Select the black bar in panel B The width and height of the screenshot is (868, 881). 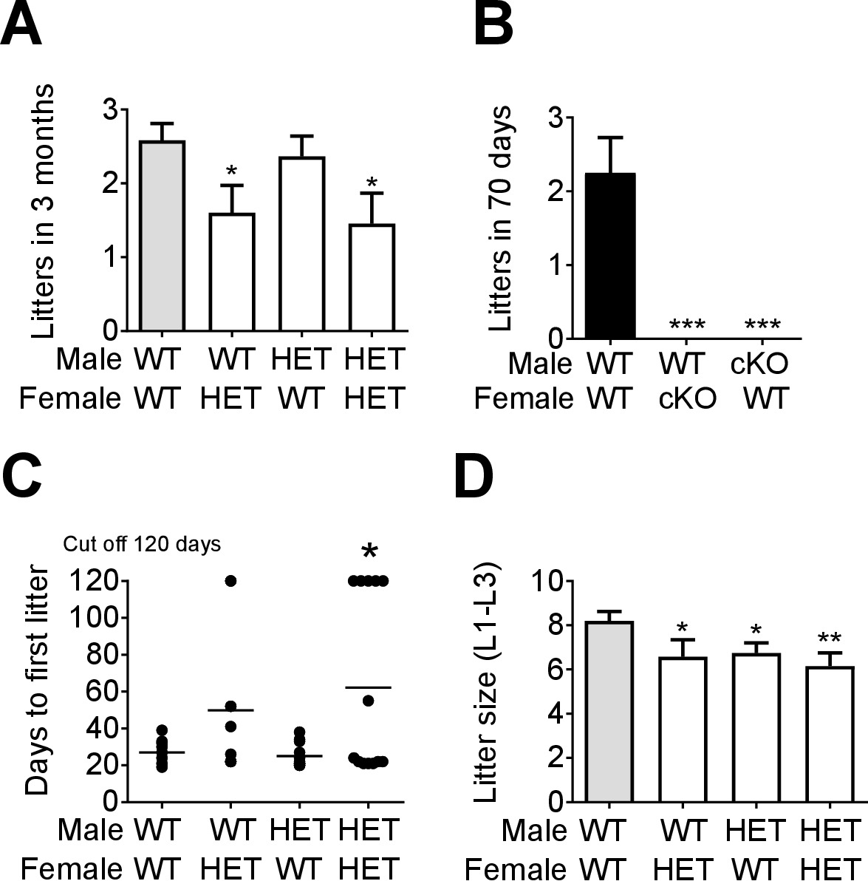tap(610, 256)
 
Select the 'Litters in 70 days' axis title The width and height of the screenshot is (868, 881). tap(502, 218)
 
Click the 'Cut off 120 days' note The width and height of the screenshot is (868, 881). tap(142, 545)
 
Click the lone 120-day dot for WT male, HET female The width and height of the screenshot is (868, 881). tap(230, 581)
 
